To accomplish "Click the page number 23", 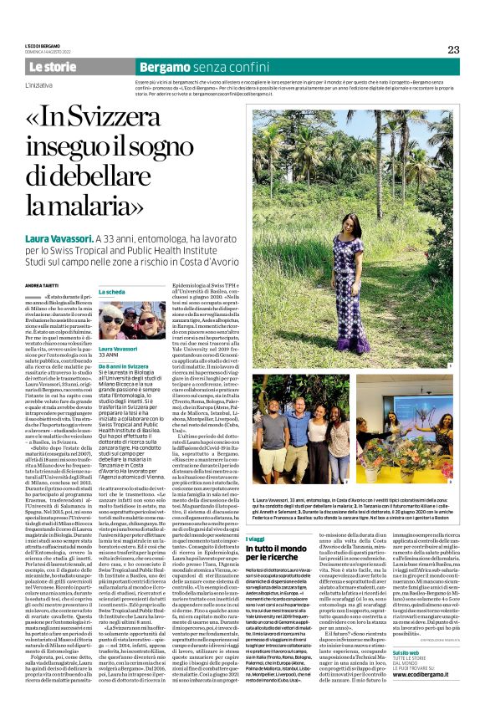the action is pos(453,49).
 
